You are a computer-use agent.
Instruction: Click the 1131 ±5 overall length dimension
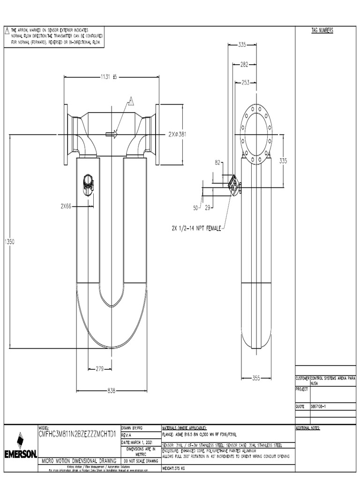[x=108, y=77]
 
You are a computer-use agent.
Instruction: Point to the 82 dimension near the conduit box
[x=218, y=163]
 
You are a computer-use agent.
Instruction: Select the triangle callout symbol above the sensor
[x=132, y=100]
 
